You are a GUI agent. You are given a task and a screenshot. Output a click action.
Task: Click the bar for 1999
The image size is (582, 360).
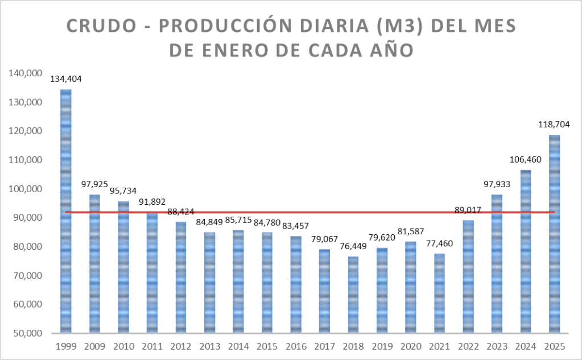click(66, 210)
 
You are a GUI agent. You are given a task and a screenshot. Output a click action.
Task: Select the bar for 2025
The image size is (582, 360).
click(555, 233)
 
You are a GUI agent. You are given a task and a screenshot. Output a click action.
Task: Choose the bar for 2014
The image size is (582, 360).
click(238, 281)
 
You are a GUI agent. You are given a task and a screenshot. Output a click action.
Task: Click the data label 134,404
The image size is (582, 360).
click(66, 79)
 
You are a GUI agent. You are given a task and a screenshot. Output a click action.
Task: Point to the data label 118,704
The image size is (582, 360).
click(554, 125)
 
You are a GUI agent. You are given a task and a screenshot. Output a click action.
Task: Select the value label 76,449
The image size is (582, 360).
click(353, 246)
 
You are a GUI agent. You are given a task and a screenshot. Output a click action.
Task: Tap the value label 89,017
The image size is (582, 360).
click(469, 210)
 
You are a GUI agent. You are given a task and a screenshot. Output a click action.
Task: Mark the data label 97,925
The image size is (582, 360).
click(95, 184)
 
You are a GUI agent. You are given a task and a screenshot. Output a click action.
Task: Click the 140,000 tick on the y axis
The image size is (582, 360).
click(24, 73)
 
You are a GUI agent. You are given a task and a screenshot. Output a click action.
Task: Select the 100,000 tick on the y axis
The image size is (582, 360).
click(24, 188)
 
